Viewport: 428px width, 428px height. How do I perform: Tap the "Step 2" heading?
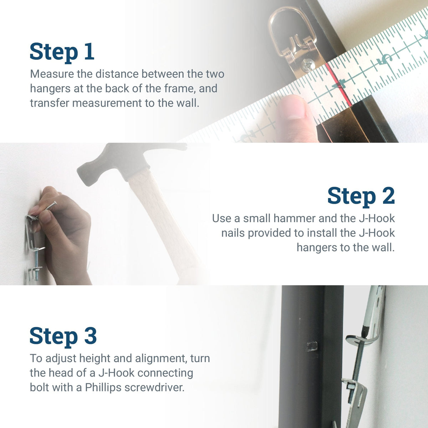(x=361, y=196)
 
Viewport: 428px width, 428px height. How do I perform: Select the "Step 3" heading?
(x=63, y=336)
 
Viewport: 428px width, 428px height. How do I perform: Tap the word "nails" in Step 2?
(x=233, y=233)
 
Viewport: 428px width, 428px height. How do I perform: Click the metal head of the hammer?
(x=124, y=161)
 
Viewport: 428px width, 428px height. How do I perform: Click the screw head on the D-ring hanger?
(x=308, y=66)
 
